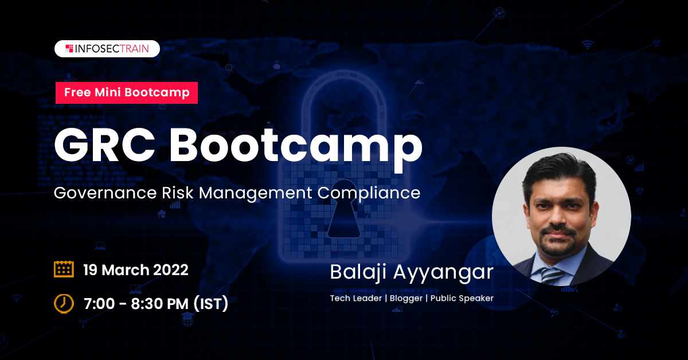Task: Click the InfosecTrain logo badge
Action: click(107, 49)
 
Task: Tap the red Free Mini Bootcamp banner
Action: click(127, 92)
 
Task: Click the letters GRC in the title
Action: click(105, 145)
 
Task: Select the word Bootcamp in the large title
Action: click(296, 149)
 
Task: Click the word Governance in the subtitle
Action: click(105, 193)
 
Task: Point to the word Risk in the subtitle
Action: click(178, 193)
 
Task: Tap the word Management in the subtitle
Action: click(256, 194)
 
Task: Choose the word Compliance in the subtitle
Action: click(369, 193)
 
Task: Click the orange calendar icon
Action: click(64, 269)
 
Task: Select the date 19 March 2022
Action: click(136, 269)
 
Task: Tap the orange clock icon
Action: click(64, 303)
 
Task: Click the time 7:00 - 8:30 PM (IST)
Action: click(156, 303)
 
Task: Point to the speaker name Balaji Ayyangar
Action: click(412, 273)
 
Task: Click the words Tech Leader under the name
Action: click(355, 298)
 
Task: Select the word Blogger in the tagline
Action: click(406, 298)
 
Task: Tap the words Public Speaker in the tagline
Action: click(462, 298)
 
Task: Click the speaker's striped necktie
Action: click(552, 275)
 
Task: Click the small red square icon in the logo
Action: click(69, 49)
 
